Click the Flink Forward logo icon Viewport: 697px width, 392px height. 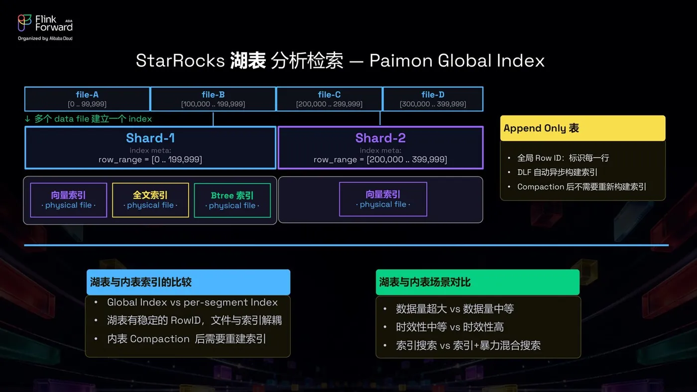point(24,23)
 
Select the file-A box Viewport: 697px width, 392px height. point(87,99)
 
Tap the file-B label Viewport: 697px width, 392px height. point(213,95)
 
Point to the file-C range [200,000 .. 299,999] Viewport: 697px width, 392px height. point(329,104)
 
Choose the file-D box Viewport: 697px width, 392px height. point(433,99)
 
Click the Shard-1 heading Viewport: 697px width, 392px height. point(150,138)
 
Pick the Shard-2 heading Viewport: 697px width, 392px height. point(380,138)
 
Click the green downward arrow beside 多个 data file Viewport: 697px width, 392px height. point(27,119)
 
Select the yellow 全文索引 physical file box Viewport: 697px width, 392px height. point(150,200)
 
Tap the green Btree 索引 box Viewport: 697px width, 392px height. point(232,200)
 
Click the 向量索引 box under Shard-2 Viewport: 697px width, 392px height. point(383,199)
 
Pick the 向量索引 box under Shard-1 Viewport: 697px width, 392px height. point(69,200)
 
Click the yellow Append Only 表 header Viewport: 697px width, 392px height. point(583,128)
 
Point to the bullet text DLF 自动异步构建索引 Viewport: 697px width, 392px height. point(557,172)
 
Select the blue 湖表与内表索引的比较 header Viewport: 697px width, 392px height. point(188,282)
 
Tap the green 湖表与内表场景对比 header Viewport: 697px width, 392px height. point(477,282)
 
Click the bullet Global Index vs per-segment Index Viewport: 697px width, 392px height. point(192,302)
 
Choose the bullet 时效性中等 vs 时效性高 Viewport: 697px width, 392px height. point(450,327)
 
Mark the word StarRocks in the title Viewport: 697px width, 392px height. point(180,60)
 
